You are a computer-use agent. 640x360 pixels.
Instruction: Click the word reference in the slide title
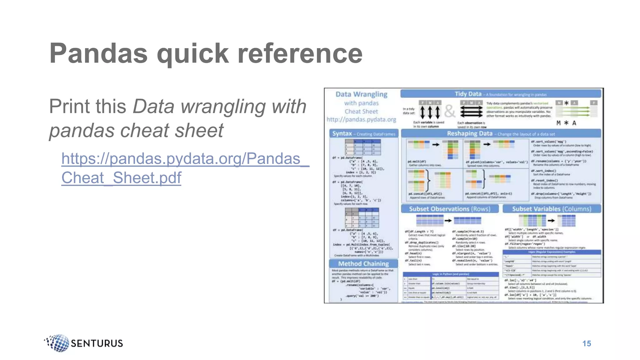300,53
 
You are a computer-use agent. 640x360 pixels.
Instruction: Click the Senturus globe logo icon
58,343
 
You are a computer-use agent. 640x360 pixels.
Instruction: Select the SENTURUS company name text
97,343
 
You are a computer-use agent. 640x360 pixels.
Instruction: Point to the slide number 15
587,343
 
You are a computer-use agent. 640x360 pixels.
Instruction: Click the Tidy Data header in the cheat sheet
468,94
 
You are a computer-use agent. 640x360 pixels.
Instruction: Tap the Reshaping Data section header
469,134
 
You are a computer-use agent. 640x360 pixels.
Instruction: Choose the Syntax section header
342,134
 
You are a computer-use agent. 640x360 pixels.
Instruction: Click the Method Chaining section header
363,264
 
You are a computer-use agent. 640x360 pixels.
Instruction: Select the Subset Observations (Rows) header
450,209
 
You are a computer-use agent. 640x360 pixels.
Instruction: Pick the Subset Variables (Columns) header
552,209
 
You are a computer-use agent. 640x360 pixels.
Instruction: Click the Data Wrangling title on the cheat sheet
361,94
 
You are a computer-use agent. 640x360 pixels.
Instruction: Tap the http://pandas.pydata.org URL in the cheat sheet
361,119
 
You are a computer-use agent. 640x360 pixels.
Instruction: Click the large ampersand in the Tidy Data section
450,111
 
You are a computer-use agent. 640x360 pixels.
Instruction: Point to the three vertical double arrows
430,112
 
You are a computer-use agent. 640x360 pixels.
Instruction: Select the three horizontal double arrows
471,112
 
